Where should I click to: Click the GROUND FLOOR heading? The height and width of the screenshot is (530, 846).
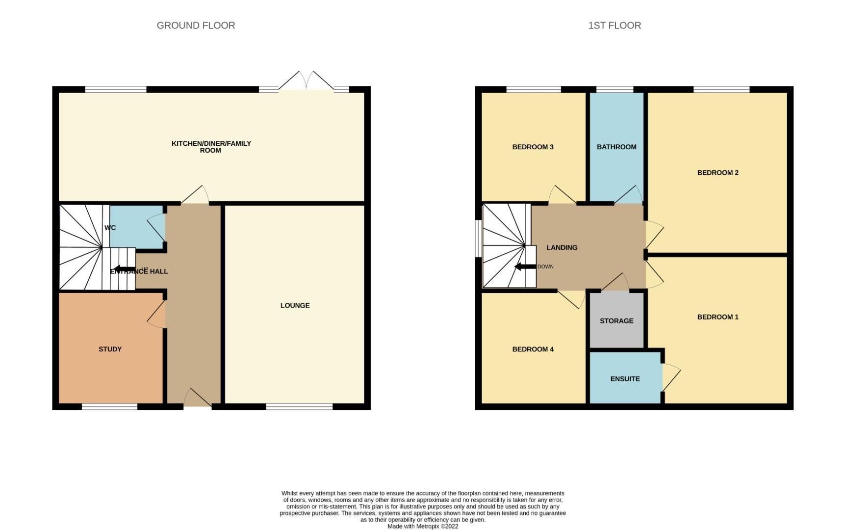coord(196,26)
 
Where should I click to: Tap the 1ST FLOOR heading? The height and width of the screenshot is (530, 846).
coord(614,26)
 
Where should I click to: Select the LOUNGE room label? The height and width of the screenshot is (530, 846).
coord(295,305)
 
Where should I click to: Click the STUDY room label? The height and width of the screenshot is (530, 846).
coord(110,349)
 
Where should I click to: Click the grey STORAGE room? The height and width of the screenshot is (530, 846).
coord(616,320)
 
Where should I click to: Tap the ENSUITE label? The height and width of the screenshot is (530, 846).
coord(625,379)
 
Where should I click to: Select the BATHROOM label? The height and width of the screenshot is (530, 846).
coord(616,147)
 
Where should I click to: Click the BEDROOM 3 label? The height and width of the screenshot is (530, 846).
coord(533,147)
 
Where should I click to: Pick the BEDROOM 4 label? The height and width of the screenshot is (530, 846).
coord(533,349)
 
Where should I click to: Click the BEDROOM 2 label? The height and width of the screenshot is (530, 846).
coord(718,172)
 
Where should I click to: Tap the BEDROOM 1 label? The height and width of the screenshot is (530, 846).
coord(718,317)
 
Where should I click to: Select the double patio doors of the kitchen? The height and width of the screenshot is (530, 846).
coord(307,81)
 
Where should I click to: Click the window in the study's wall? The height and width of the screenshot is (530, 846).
coord(109,406)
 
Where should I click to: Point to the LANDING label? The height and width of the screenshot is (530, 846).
coord(562,247)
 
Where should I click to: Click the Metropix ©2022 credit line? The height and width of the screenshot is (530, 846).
coord(423,526)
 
